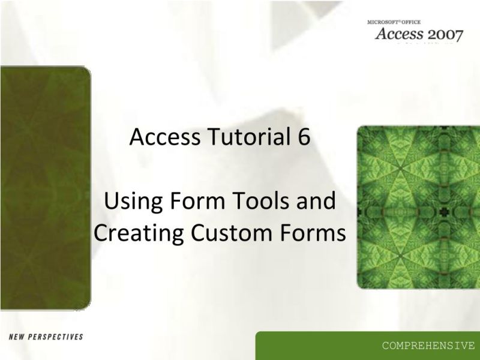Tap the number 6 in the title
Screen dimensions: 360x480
coord(303,137)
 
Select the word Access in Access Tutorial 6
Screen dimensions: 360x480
coord(160,137)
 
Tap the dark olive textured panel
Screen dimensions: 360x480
coord(45,186)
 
